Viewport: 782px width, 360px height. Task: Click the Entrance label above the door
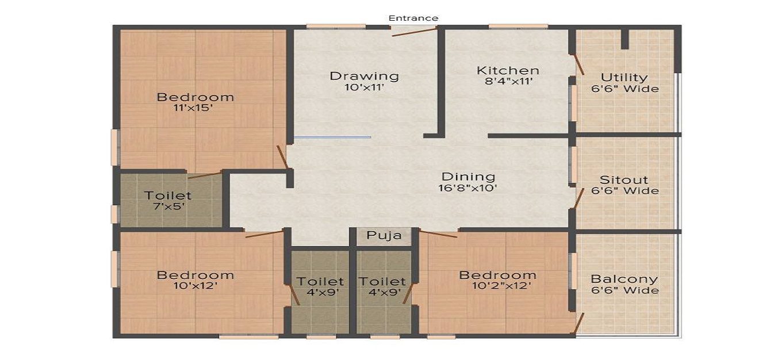[413, 18]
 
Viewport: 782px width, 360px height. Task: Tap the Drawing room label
[364, 76]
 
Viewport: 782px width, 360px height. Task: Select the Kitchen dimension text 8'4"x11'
[508, 82]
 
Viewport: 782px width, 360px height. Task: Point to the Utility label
[624, 77]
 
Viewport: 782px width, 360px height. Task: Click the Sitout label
[624, 179]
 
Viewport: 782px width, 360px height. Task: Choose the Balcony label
[624, 279]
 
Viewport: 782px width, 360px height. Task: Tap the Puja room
[384, 235]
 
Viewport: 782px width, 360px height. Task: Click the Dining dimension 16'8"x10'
[468, 187]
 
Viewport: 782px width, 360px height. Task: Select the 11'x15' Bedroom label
[195, 97]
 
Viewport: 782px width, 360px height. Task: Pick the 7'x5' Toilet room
[168, 201]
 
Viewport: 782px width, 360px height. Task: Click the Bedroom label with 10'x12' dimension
[195, 275]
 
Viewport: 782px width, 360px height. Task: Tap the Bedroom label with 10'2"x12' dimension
[497, 275]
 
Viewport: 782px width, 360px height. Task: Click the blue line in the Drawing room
[332, 137]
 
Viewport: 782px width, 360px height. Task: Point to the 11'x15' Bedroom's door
[282, 157]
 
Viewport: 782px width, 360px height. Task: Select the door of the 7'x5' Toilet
[204, 175]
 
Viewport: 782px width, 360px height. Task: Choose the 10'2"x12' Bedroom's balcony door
[580, 323]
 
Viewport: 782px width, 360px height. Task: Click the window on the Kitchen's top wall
[517, 26]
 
